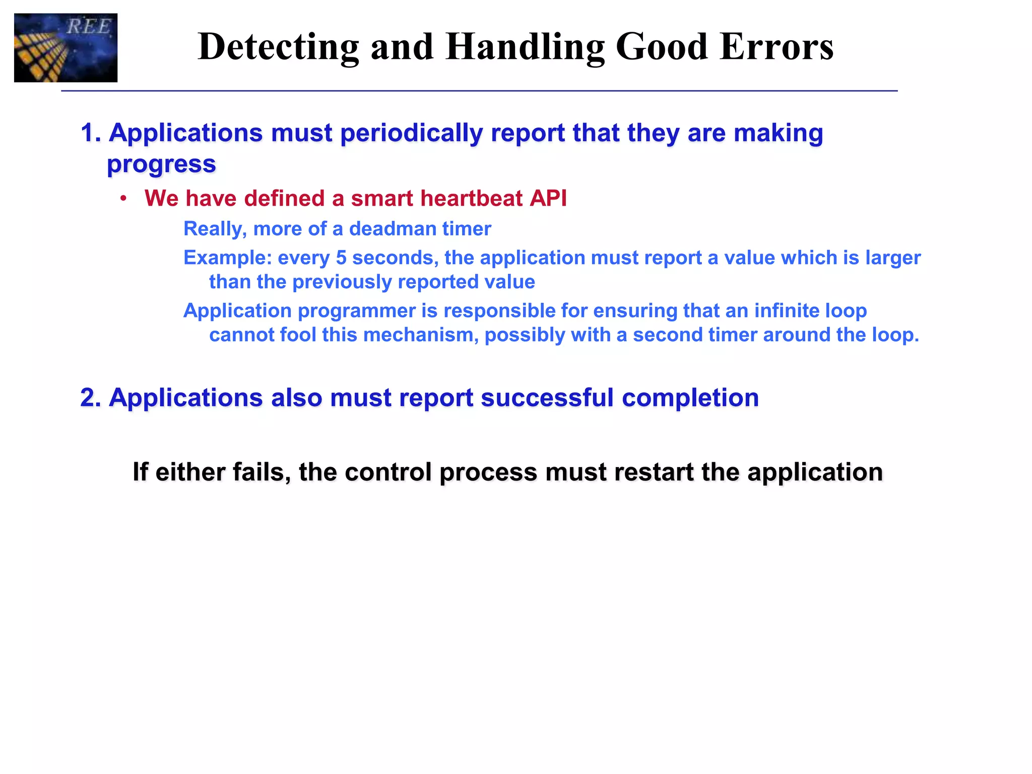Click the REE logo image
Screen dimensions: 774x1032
pyautogui.click(x=66, y=48)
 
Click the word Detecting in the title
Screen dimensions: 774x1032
pyautogui.click(x=278, y=47)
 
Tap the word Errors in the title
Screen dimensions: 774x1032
pyautogui.click(x=777, y=47)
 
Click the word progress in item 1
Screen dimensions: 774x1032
pyautogui.click(x=161, y=164)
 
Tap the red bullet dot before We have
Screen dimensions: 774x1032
pyautogui.click(x=123, y=199)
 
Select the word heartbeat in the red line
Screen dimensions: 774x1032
pyautogui.click(x=472, y=199)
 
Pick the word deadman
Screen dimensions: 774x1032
pyautogui.click(x=388, y=229)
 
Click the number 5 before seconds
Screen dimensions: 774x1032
pyautogui.click(x=341, y=258)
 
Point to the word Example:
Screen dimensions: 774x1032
pyautogui.click(x=228, y=258)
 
